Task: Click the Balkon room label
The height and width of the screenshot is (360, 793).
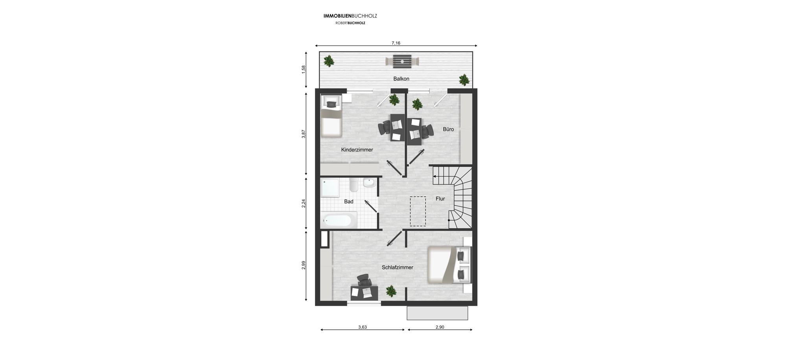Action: pos(401,79)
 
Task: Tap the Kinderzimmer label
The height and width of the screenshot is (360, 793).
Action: pos(357,150)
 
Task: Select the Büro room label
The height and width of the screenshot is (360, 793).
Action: pos(448,129)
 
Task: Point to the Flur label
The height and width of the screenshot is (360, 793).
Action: pos(440,199)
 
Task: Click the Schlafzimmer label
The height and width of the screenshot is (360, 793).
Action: pos(397,268)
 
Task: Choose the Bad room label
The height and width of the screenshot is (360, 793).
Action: pos(349,202)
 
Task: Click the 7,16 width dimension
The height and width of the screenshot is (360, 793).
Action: pos(396,43)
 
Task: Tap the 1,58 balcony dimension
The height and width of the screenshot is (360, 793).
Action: pos(303,69)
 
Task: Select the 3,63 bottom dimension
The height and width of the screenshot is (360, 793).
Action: pos(362,327)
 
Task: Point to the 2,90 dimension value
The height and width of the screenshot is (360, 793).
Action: pos(440,327)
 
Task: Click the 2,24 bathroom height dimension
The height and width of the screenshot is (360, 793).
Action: pos(303,204)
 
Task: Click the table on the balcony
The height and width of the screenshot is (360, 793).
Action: pos(402,61)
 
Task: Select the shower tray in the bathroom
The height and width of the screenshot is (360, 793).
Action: pos(330,188)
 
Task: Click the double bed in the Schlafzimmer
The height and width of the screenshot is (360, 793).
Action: pos(443,264)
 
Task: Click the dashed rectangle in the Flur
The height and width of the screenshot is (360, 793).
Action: pos(418,211)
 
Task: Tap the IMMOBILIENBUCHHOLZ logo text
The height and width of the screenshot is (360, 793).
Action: pos(350,16)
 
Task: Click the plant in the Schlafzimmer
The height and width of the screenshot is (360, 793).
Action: pos(391,291)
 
